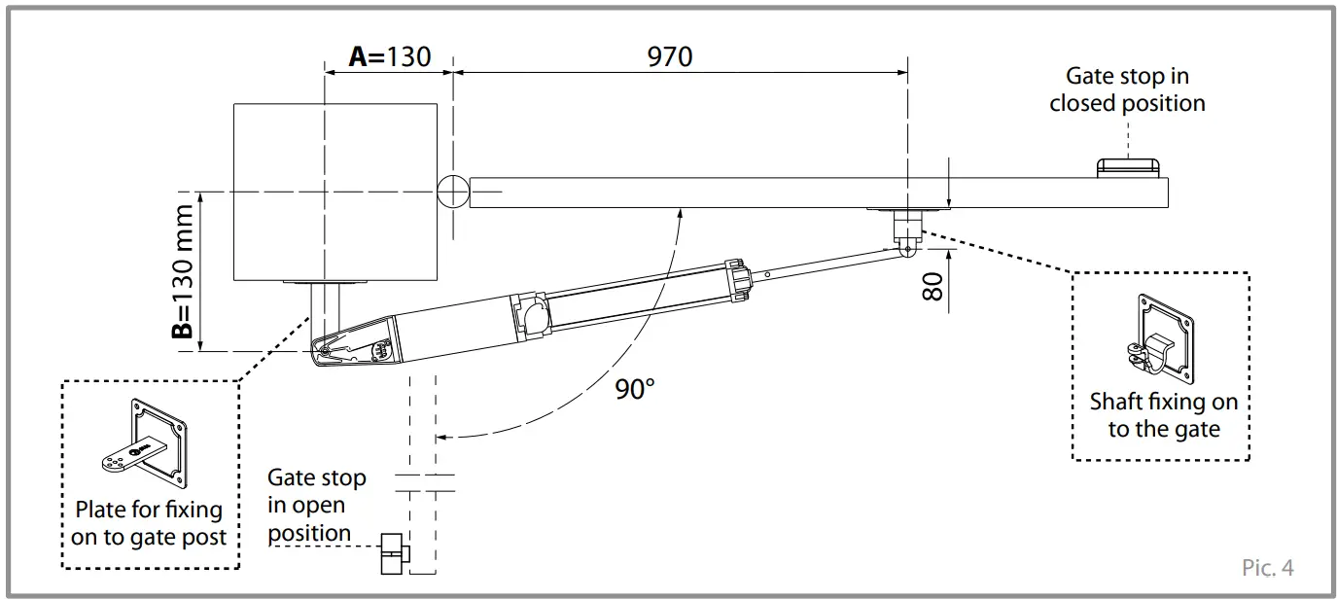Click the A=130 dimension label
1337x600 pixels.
(389, 56)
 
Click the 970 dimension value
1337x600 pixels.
(670, 56)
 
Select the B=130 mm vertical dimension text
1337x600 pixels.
(182, 271)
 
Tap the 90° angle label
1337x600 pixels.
(635, 389)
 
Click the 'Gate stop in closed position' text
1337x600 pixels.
(1127, 89)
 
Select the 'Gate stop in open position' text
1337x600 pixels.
(317, 506)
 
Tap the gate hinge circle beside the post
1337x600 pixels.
(453, 192)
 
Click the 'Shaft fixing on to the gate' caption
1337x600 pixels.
(1163, 415)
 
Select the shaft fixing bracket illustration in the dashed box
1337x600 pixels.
(1163, 338)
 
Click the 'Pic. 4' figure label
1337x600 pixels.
(1267, 568)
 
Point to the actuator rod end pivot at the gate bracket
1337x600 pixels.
(906, 249)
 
